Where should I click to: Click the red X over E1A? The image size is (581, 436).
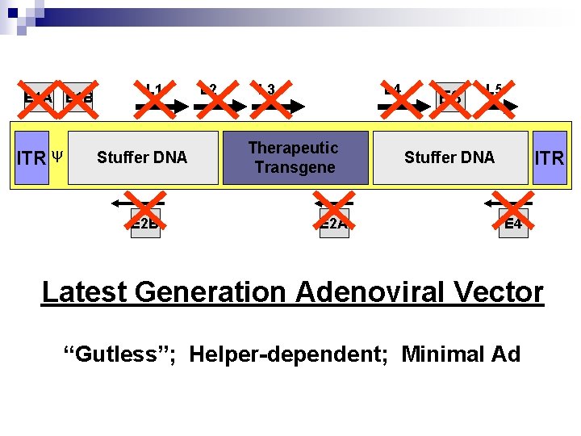[x=37, y=98]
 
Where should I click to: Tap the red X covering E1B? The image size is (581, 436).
[x=79, y=98]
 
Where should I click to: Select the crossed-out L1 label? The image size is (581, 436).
[x=153, y=98]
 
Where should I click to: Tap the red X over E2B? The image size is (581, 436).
[x=145, y=213]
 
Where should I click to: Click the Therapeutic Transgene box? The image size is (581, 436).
[x=294, y=157]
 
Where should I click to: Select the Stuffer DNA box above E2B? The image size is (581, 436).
[x=143, y=157]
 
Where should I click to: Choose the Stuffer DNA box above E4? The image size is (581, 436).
[x=449, y=157]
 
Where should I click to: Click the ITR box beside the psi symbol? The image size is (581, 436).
[x=32, y=158]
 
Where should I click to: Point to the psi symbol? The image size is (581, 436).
[x=57, y=154]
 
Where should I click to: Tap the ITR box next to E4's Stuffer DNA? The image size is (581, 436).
[x=550, y=158]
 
